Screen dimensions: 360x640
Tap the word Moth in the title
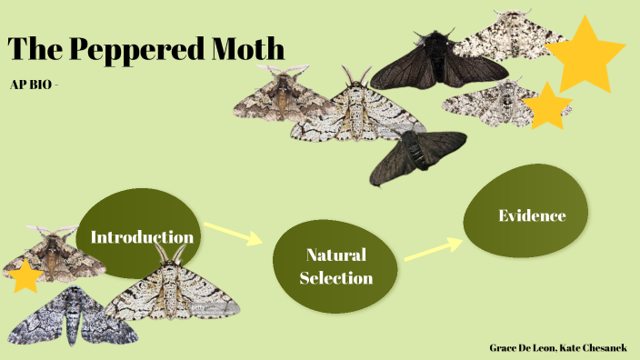247,47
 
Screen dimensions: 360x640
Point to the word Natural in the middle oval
335,255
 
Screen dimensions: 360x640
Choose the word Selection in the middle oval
335,277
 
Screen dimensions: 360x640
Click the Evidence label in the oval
532,215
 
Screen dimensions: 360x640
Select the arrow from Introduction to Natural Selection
232,233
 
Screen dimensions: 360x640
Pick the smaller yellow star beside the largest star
548,107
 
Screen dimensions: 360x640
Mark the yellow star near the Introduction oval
25,276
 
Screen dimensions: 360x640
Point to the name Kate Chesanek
599,347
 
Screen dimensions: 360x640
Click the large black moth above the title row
436,64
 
